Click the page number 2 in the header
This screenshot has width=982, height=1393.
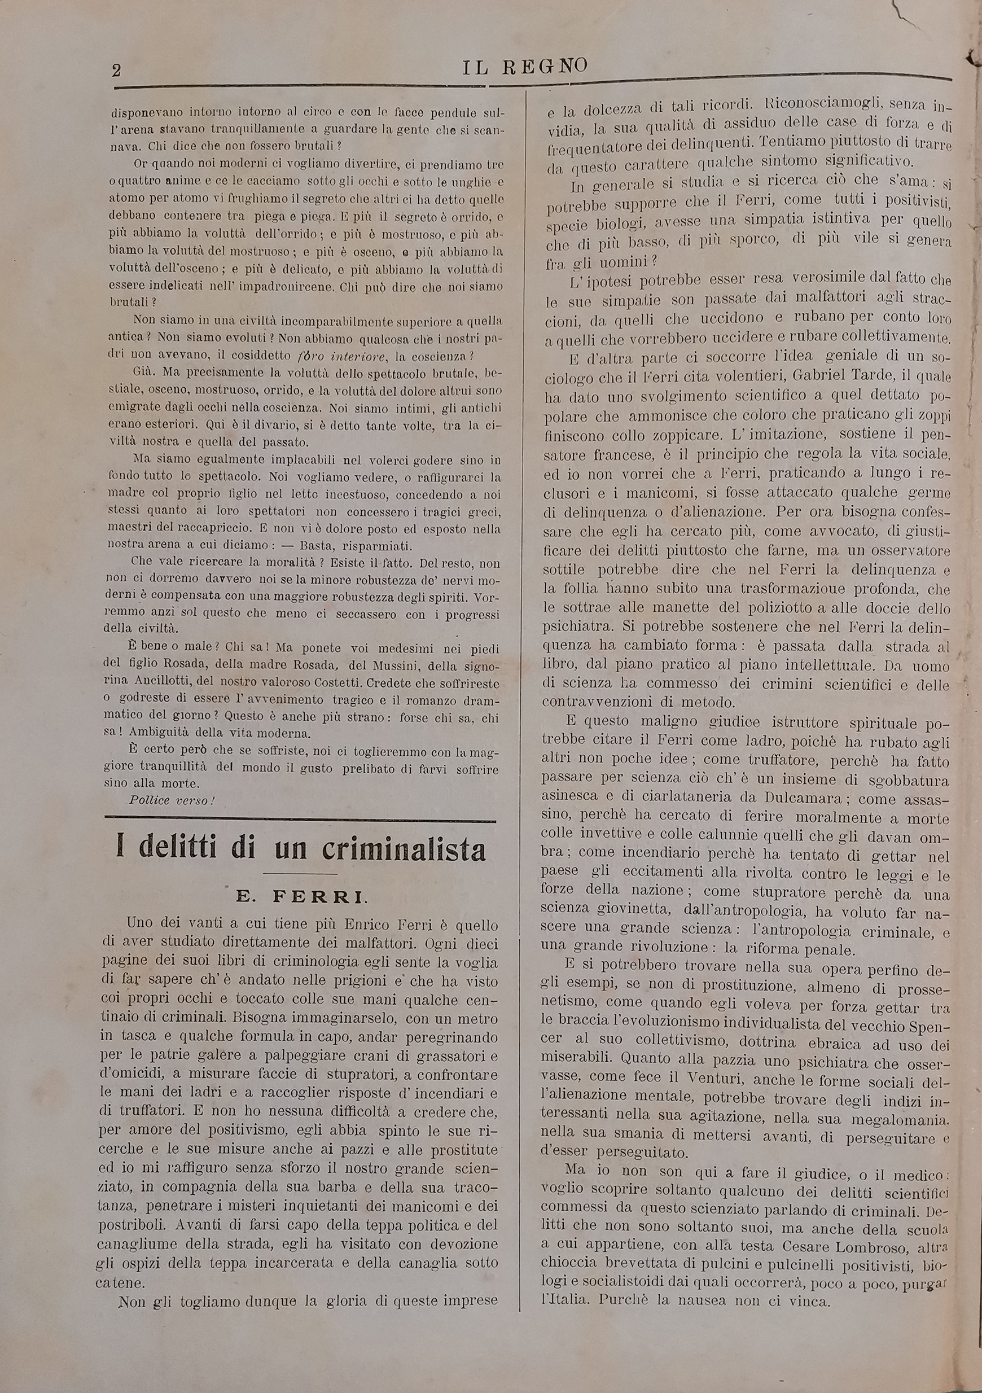(x=116, y=71)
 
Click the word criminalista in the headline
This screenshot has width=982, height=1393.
(x=404, y=850)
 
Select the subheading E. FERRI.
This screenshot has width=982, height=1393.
(x=301, y=897)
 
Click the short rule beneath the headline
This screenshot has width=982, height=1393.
(x=300, y=874)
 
